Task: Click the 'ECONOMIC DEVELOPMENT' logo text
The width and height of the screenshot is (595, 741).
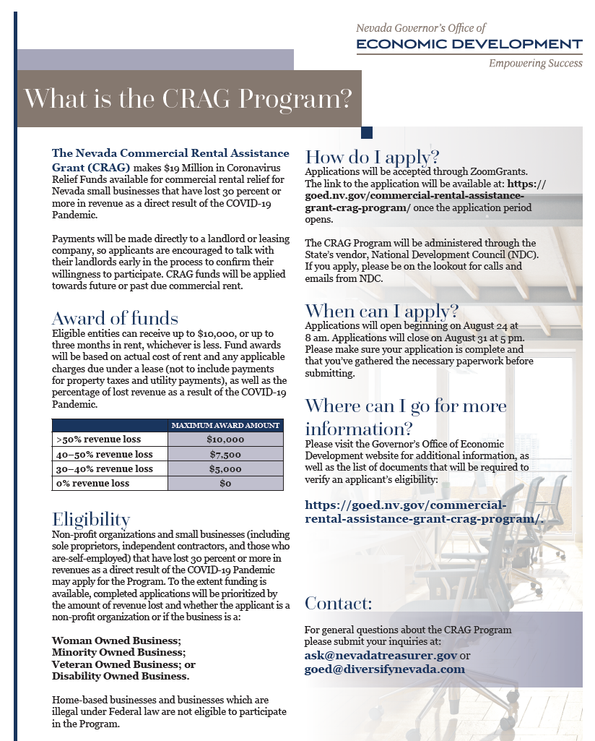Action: (x=469, y=45)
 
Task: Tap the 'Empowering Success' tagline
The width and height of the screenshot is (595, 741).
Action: (x=535, y=64)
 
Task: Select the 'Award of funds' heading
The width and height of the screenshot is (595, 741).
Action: (x=115, y=319)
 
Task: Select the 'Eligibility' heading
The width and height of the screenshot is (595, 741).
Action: (x=91, y=519)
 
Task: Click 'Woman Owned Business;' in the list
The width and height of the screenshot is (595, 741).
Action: (x=116, y=641)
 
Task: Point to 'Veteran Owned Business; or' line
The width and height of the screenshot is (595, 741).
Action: (x=123, y=664)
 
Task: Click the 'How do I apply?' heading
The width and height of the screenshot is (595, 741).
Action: (x=373, y=157)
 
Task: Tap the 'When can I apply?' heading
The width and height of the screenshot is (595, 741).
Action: (x=382, y=312)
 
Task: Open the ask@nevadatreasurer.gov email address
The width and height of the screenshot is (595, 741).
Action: (x=381, y=655)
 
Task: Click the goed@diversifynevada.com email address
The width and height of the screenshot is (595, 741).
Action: (x=384, y=669)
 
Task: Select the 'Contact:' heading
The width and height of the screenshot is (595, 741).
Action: (x=339, y=603)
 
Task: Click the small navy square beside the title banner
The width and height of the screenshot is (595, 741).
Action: (x=366, y=132)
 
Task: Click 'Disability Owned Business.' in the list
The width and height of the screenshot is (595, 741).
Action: (x=121, y=676)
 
